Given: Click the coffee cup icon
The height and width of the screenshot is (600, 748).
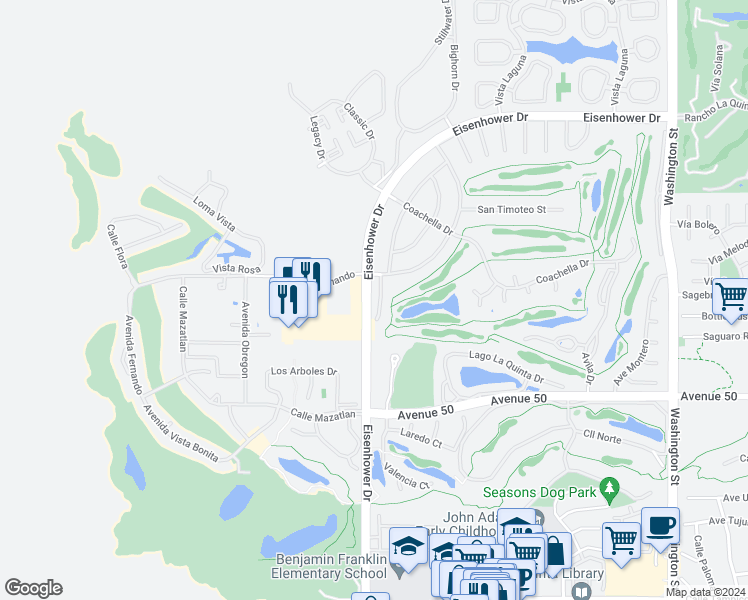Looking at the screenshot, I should [x=660, y=527].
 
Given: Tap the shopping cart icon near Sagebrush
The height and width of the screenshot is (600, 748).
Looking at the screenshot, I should [x=732, y=297].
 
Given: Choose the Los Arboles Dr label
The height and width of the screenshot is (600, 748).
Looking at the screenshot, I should [x=305, y=371].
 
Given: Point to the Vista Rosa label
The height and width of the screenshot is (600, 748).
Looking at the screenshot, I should [x=235, y=269].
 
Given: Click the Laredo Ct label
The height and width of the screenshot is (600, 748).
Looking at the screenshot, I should [x=421, y=437].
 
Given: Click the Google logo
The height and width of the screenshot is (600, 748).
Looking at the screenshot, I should [x=33, y=588].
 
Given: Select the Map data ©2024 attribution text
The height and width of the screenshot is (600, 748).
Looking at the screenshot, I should [x=705, y=592].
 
